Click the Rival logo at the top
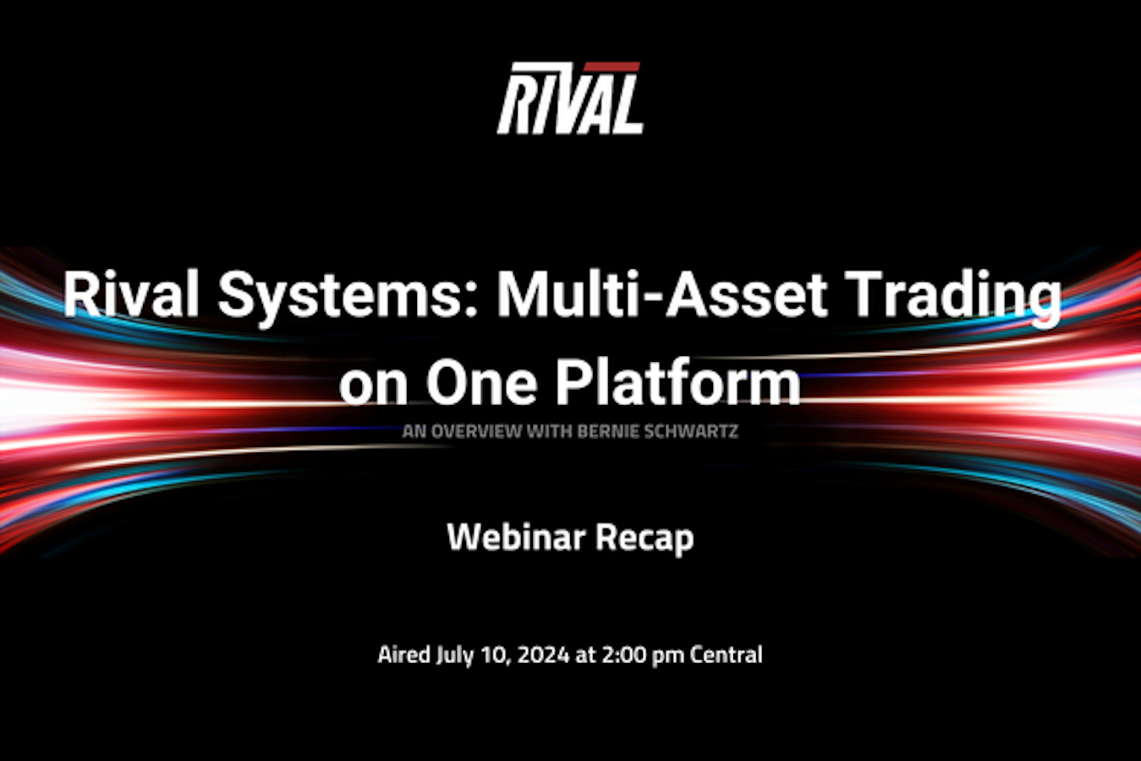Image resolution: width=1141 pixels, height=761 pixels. click(570, 98)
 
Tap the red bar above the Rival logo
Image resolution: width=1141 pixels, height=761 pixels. click(612, 67)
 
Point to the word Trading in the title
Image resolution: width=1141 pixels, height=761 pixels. click(957, 298)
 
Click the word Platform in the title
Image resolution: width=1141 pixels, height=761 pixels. click(677, 381)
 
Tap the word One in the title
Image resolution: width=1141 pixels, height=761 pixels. click(481, 383)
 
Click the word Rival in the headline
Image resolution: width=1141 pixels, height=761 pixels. click(130, 295)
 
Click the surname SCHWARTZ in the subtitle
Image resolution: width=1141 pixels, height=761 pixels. click(691, 432)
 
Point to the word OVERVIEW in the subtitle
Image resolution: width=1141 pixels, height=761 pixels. click(476, 432)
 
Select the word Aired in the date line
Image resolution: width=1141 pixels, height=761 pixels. click(404, 654)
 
